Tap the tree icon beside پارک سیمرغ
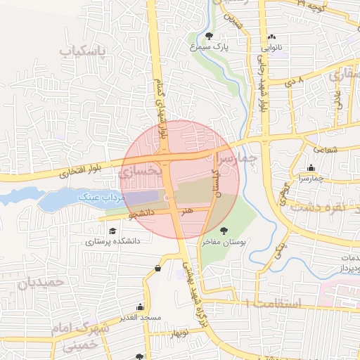coord(208,36)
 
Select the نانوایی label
coord(274,49)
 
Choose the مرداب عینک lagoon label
coord(103,199)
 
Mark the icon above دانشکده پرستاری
coord(112,229)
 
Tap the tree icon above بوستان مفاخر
coord(224,230)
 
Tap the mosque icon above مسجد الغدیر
coord(139,307)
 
